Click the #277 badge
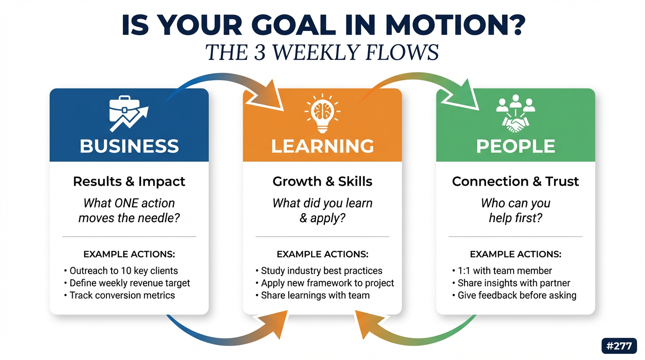(619, 345)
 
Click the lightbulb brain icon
(322, 113)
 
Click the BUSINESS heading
(129, 146)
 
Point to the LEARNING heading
(322, 146)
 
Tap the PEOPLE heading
(516, 146)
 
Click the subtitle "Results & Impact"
(129, 181)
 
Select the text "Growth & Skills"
(322, 181)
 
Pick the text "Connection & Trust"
(516, 181)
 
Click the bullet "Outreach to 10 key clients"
(121, 271)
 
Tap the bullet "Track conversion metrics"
(120, 295)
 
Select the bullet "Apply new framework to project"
(325, 283)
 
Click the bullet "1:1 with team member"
(502, 271)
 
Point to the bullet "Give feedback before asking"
(514, 295)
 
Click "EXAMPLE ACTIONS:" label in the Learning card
(322, 254)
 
